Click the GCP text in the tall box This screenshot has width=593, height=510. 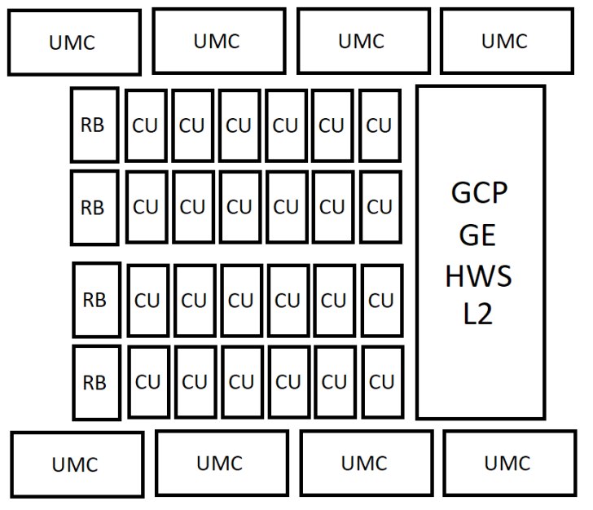click(479, 195)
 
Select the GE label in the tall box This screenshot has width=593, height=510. click(479, 235)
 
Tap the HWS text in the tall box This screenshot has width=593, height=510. click(479, 276)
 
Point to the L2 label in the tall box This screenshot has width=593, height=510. click(479, 314)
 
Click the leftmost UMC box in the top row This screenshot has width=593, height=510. click(72, 42)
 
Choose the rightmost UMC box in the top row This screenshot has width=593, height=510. click(505, 41)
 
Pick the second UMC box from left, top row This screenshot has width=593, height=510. click(217, 41)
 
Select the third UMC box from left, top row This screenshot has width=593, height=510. click(361, 41)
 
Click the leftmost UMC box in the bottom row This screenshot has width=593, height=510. click(76, 464)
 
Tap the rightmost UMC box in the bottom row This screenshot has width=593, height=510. click(507, 463)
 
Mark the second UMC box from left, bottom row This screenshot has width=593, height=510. click(221, 463)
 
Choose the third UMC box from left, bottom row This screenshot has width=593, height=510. click(365, 463)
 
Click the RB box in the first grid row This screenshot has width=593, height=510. click(94, 125)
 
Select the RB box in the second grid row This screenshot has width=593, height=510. click(94, 208)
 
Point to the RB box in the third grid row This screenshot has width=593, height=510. click(95, 300)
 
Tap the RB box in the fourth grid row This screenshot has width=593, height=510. click(95, 382)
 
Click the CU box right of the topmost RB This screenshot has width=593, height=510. click(146, 125)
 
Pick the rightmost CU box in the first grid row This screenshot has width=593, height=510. click(380, 125)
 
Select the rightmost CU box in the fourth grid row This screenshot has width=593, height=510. click(381, 382)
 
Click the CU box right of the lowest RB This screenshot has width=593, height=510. click(147, 382)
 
